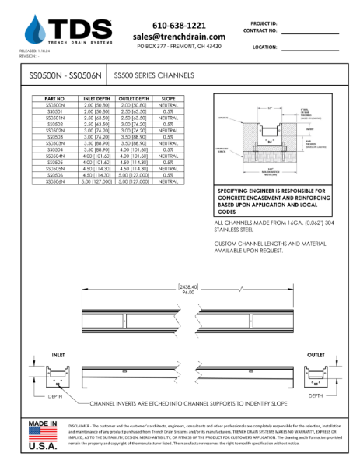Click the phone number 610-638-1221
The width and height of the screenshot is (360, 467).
click(179, 26)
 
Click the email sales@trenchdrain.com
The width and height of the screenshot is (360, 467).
click(179, 37)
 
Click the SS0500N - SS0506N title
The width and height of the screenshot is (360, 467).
click(58, 77)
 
